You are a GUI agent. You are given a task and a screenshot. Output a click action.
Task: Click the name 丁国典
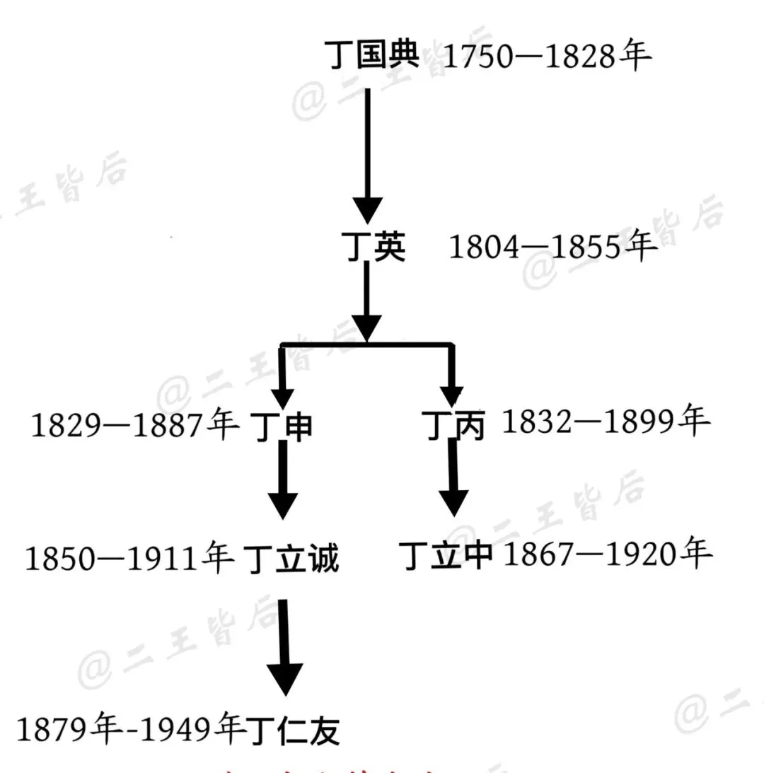click(x=373, y=55)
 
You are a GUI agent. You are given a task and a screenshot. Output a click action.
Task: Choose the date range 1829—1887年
click(x=134, y=426)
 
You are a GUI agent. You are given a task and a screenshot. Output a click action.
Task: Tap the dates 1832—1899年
click(x=605, y=423)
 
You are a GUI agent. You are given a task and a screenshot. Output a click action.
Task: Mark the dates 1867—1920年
click(x=607, y=555)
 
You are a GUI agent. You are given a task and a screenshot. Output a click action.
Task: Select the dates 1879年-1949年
click(x=131, y=729)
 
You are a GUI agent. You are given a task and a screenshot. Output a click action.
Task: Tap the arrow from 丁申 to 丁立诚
click(x=283, y=483)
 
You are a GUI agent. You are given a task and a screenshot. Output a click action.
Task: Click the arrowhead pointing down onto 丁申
click(x=283, y=395)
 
